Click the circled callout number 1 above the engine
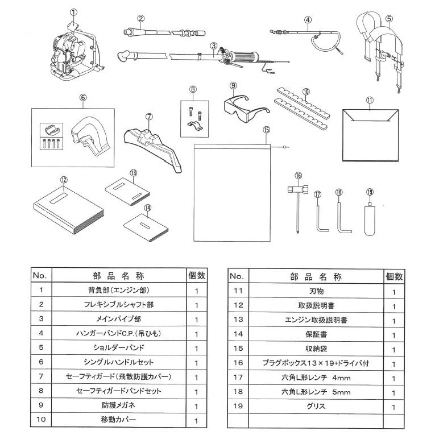pyautogui.click(x=73, y=11)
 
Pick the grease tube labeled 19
pyautogui.click(x=370, y=219)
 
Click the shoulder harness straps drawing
pyautogui.click(x=380, y=51)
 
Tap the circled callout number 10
pyautogui.click(x=306, y=91)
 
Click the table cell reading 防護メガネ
pyautogui.click(x=119, y=406)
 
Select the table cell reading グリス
pyautogui.click(x=314, y=407)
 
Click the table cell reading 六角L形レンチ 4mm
pyautogui.click(x=314, y=377)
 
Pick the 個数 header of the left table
pyautogui.click(x=196, y=276)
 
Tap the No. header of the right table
pyautogui.click(x=237, y=277)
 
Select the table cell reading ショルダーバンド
pyautogui.click(x=119, y=348)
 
